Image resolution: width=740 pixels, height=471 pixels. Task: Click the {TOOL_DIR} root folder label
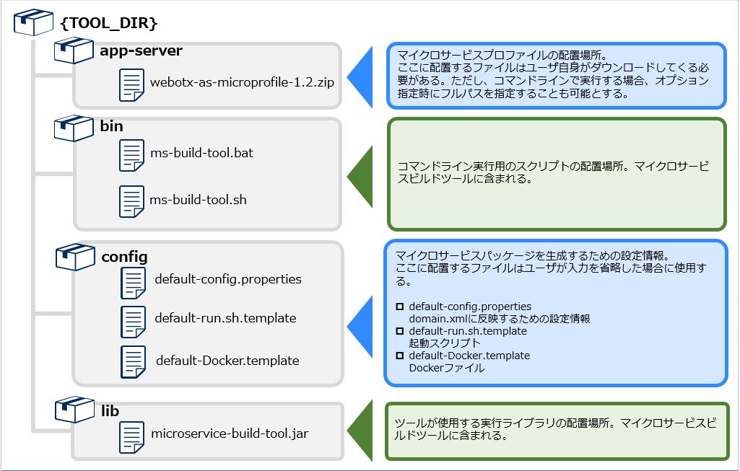pyautogui.click(x=108, y=22)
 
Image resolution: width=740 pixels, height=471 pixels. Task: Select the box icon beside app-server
pyautogui.click(x=74, y=51)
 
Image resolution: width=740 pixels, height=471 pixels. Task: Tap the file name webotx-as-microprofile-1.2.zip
pyautogui.click(x=242, y=82)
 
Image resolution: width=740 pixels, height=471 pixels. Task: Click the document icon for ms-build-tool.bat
pyautogui.click(x=132, y=154)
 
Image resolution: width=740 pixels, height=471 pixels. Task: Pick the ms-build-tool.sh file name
pyautogui.click(x=198, y=199)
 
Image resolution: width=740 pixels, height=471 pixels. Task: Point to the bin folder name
pyautogui.click(x=112, y=126)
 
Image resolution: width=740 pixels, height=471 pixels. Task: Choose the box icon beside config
pyautogui.click(x=75, y=257)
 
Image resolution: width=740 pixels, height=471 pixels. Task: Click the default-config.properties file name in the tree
pyautogui.click(x=228, y=279)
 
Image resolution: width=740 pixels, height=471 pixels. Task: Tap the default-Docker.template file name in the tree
pyautogui.click(x=227, y=360)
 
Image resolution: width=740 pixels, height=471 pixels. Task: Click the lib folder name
pyautogui.click(x=110, y=411)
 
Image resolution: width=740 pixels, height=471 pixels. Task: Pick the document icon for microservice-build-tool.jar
pyautogui.click(x=131, y=436)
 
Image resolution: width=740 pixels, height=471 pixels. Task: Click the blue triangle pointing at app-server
pyautogui.click(x=360, y=76)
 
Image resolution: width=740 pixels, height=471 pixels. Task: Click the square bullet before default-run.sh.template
pyautogui.click(x=400, y=331)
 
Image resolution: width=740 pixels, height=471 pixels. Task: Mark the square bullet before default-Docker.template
pyautogui.click(x=400, y=356)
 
